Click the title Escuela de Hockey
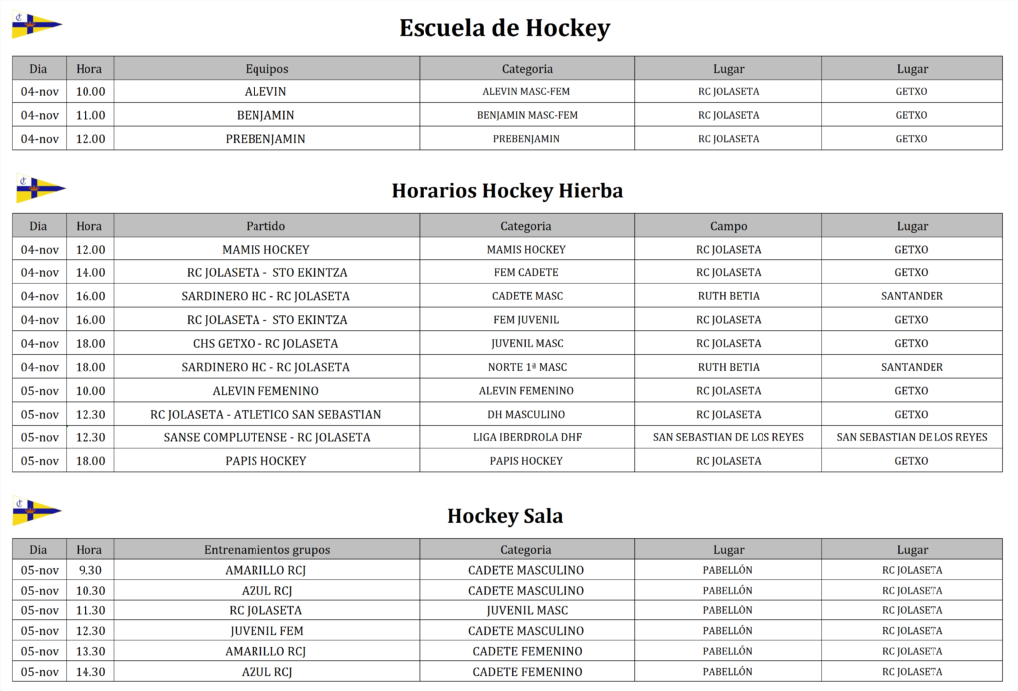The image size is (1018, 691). coord(504,28)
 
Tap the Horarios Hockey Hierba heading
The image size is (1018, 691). coord(507,190)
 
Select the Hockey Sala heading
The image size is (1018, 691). coord(505,515)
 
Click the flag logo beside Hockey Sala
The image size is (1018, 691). coord(37,512)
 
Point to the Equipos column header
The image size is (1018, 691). coord(266,69)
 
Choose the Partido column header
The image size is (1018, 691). coord(265,226)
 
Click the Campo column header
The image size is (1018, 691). coord(728,226)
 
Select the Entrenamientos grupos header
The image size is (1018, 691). coord(266,549)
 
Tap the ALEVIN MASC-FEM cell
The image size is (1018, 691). coord(526,91)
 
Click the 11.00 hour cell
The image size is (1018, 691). coord(90,115)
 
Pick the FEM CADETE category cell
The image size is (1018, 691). coord(526,272)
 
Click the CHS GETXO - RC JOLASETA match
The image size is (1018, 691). coord(265,343)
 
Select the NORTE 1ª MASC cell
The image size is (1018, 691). coord(526,367)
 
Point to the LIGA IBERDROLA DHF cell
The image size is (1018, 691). coord(526,437)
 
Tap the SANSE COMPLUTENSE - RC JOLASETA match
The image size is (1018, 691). coord(265,437)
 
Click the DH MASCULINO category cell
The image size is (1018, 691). coord(526,414)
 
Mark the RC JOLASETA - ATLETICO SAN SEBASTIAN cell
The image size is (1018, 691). coord(265,414)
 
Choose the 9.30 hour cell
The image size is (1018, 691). coord(90,570)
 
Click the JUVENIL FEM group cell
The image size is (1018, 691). coord(265,630)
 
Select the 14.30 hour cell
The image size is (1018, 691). coord(90,671)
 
